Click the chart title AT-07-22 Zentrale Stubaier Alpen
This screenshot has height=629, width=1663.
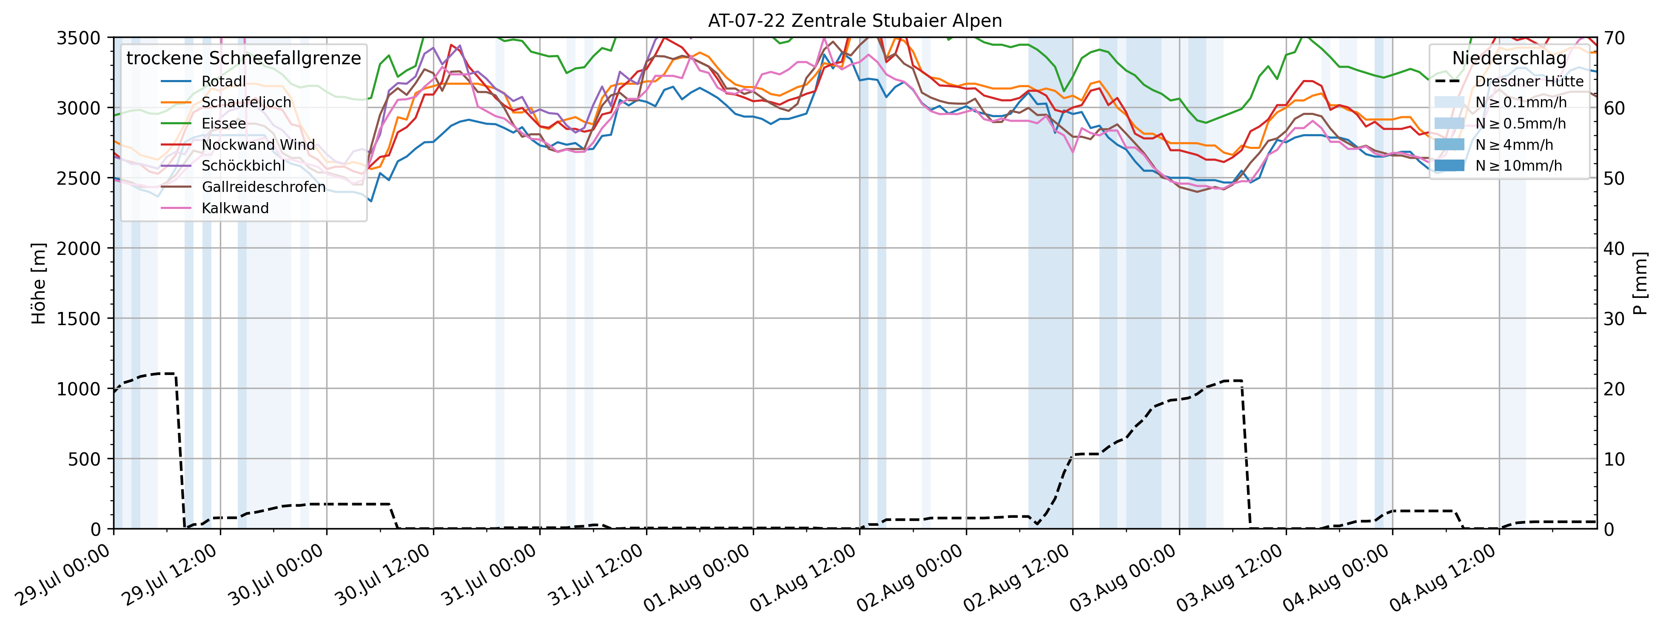click(855, 21)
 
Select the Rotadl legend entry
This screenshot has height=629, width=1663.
click(223, 81)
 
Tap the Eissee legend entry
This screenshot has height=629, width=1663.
click(223, 123)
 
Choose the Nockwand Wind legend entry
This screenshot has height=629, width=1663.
click(258, 145)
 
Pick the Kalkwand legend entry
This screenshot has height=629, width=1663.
click(235, 208)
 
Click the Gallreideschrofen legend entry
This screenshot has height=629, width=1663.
click(263, 187)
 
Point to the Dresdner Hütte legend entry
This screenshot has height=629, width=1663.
click(1529, 81)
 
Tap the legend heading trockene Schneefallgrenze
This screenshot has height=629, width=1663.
click(243, 58)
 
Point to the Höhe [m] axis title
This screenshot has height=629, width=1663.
click(39, 283)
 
